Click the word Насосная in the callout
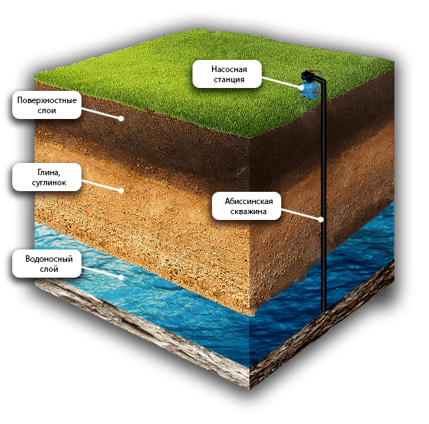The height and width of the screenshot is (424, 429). pyautogui.click(x=229, y=69)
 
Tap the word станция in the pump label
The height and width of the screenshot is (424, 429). pyautogui.click(x=229, y=79)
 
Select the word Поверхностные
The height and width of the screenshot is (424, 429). pyautogui.click(x=47, y=100)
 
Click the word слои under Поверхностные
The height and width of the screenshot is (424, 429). pyautogui.click(x=47, y=110)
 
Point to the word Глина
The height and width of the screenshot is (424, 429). pyautogui.click(x=49, y=172)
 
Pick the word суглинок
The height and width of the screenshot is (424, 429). pyautogui.click(x=49, y=182)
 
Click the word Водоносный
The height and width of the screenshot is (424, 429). pyautogui.click(x=49, y=259)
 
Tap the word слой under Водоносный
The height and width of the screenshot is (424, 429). pyautogui.click(x=49, y=269)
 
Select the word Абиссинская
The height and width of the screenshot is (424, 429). pyautogui.click(x=249, y=201)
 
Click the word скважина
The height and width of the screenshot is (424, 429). pyautogui.click(x=248, y=211)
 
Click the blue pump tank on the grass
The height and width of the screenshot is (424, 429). pyautogui.click(x=309, y=89)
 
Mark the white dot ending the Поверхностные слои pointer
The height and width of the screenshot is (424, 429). pyautogui.click(x=121, y=118)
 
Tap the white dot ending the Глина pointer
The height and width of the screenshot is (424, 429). pyautogui.click(x=121, y=190)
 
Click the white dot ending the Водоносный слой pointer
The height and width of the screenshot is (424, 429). pyautogui.click(x=121, y=277)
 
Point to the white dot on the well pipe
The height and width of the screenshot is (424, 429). pyautogui.click(x=321, y=219)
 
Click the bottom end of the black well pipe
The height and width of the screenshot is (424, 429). pyautogui.click(x=324, y=311)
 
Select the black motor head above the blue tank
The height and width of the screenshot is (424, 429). pyautogui.click(x=308, y=75)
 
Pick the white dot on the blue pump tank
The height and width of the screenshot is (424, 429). pyautogui.click(x=301, y=88)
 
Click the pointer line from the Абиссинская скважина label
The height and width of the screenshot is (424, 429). pyautogui.click(x=301, y=214)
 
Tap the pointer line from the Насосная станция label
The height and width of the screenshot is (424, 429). pyautogui.click(x=281, y=83)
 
